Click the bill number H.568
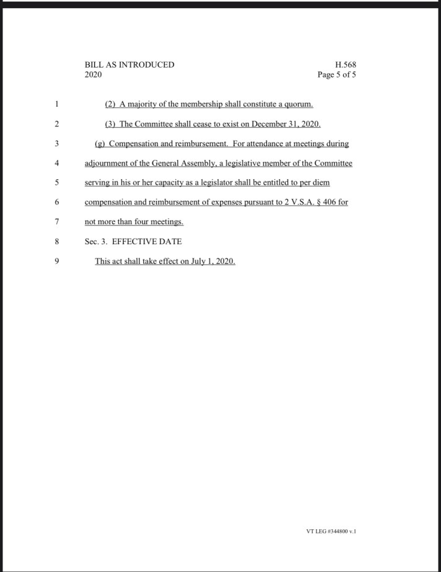coord(346,64)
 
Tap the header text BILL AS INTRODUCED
coord(129,64)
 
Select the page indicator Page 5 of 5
coord(336,75)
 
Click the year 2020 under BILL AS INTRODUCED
coord(93,75)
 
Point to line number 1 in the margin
coord(56,103)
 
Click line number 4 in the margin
coord(56,164)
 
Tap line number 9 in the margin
coord(56,261)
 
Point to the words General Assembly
coord(184,164)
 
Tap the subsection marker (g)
coord(100,144)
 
